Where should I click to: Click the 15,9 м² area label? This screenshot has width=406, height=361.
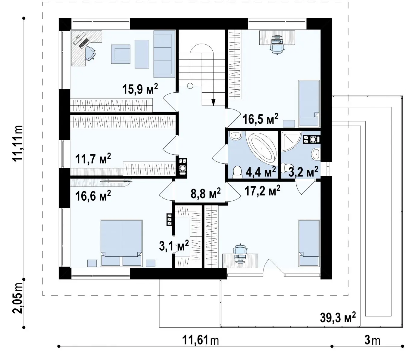tap(140, 89)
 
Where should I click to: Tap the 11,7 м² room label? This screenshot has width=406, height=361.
tap(93, 159)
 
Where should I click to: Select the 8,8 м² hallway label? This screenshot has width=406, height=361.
tap(205, 193)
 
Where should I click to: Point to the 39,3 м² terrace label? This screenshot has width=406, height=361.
tap(338, 317)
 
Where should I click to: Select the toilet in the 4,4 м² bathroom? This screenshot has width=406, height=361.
tap(237, 172)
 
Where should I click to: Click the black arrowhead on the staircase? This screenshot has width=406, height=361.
tap(214, 102)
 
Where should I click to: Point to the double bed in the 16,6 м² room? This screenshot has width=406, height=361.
tap(121, 243)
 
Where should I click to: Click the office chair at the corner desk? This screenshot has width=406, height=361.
tap(90, 53)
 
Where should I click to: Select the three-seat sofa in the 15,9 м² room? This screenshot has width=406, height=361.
tap(164, 54)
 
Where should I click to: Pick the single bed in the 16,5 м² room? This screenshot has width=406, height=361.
tap(309, 103)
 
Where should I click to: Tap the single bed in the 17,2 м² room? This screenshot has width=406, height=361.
tap(309, 243)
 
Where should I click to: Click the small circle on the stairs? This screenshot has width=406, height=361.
tap(190, 86)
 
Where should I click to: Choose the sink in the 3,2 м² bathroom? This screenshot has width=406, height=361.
tap(316, 154)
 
